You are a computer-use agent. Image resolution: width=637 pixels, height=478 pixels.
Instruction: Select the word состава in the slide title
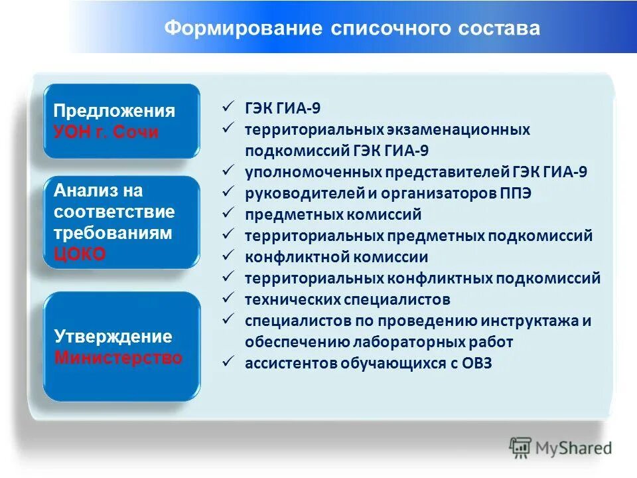(496, 29)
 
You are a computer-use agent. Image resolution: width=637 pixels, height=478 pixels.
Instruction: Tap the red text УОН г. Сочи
(106, 131)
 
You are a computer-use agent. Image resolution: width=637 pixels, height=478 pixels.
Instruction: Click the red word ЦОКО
(80, 255)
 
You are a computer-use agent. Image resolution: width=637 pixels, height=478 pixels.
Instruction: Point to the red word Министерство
(118, 358)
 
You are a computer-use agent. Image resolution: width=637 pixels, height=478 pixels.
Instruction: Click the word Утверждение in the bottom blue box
(113, 337)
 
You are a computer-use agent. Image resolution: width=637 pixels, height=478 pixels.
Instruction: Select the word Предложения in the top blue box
(114, 110)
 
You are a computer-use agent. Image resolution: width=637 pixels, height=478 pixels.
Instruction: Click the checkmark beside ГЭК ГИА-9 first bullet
(227, 108)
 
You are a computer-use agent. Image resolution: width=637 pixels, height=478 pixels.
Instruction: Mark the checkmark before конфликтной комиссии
(227, 256)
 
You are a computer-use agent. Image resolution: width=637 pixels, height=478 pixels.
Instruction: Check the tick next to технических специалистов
(227, 299)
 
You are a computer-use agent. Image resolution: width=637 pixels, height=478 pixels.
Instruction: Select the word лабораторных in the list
(409, 342)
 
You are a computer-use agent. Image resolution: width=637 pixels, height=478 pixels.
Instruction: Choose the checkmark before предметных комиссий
(227, 214)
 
